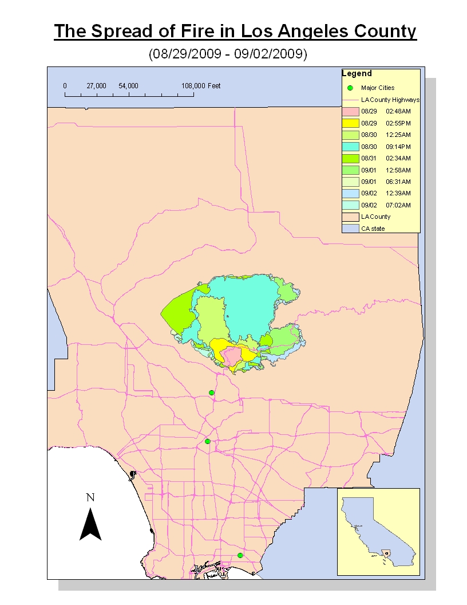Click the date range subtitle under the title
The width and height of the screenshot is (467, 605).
click(x=228, y=54)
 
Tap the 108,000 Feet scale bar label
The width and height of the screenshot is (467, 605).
click(x=201, y=86)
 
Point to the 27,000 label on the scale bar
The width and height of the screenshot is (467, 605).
click(x=96, y=86)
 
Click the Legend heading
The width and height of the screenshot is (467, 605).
click(x=357, y=74)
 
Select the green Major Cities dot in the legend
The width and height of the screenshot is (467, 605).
click(x=350, y=88)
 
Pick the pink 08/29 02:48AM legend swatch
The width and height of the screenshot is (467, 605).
click(x=350, y=112)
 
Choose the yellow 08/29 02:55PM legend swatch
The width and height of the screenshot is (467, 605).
click(x=350, y=123)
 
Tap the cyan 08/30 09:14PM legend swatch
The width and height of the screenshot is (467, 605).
click(x=350, y=147)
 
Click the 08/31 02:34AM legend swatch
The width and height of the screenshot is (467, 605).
click(x=350, y=158)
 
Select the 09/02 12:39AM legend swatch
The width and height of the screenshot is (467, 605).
click(x=350, y=193)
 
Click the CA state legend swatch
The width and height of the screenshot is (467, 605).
click(x=350, y=229)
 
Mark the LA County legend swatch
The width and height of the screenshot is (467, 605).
click(x=350, y=217)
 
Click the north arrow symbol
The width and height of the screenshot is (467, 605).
click(x=90, y=524)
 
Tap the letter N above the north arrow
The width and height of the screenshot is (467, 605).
click(x=90, y=497)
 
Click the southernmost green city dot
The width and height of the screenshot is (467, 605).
click(x=240, y=555)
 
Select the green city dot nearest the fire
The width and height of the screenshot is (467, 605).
click(x=212, y=392)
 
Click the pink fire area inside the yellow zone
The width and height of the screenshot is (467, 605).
click(x=232, y=356)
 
